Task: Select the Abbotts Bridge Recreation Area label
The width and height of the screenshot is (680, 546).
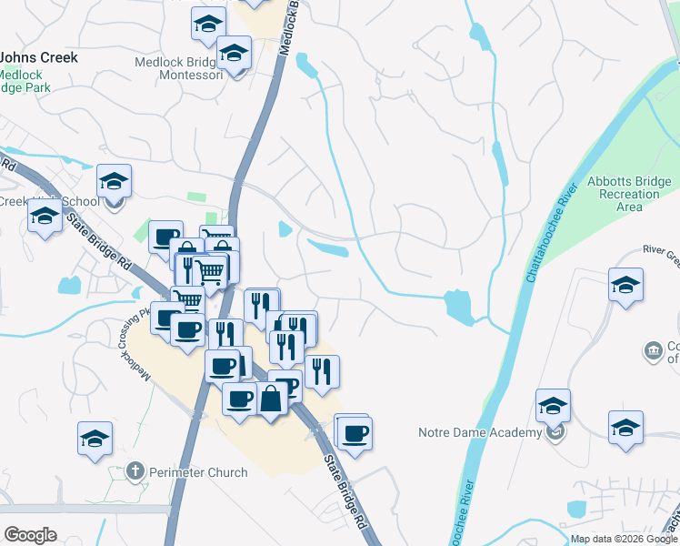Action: click(629, 194)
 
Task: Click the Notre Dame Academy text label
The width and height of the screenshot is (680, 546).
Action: click(478, 432)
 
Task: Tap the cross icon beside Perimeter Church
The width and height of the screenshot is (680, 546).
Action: click(135, 471)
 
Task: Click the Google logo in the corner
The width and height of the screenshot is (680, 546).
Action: click(30, 535)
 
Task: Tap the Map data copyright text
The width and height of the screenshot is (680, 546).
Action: click(624, 539)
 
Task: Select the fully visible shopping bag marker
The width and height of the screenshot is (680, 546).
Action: click(272, 398)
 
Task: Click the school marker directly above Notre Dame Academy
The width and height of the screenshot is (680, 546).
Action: click(553, 406)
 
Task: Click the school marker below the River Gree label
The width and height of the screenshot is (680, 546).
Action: click(625, 285)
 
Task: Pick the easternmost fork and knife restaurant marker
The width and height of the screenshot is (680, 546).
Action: click(322, 371)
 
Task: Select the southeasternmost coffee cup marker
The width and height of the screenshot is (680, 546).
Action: click(355, 432)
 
